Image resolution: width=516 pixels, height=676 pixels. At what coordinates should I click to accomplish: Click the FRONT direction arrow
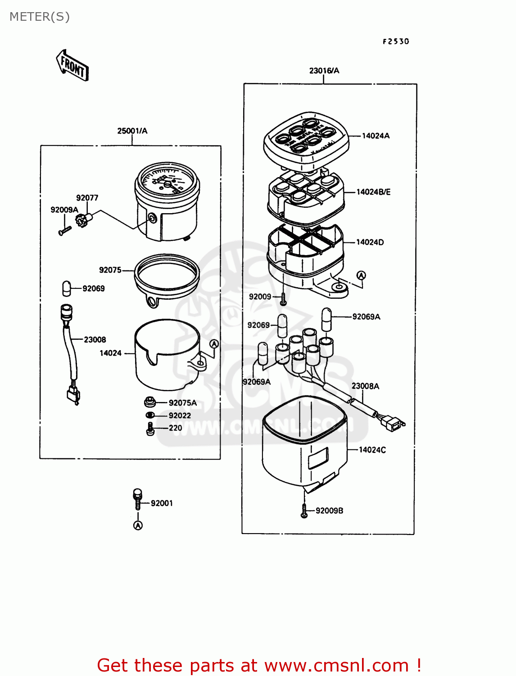point(72,66)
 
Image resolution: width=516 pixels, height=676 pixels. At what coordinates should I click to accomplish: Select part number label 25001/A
point(132,131)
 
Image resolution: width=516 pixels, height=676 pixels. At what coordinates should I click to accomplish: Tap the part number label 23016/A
point(324,71)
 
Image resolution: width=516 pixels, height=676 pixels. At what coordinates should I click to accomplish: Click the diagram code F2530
point(396,41)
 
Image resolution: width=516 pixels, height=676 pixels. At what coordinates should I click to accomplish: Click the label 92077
point(87,198)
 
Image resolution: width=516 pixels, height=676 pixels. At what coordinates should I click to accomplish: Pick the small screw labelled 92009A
point(65,231)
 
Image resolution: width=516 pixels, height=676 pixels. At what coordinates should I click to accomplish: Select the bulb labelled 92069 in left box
point(66,288)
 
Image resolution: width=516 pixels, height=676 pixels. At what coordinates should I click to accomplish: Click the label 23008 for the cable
point(95,340)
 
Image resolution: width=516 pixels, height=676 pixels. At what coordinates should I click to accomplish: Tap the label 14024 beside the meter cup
point(110,353)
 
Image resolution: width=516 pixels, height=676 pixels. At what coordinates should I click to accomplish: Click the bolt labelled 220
point(150,429)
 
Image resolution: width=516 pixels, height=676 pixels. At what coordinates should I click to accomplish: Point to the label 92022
point(180,416)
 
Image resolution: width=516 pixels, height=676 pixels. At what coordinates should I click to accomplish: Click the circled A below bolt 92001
point(138,525)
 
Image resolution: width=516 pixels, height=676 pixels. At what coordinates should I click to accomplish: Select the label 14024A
point(376,136)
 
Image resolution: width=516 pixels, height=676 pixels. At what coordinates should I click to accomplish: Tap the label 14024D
point(370,242)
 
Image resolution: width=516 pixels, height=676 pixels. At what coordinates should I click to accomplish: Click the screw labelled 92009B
point(304,511)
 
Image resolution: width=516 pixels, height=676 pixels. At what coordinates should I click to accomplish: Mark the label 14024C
point(372,450)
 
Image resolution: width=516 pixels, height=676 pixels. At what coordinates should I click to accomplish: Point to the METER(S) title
point(40,17)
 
